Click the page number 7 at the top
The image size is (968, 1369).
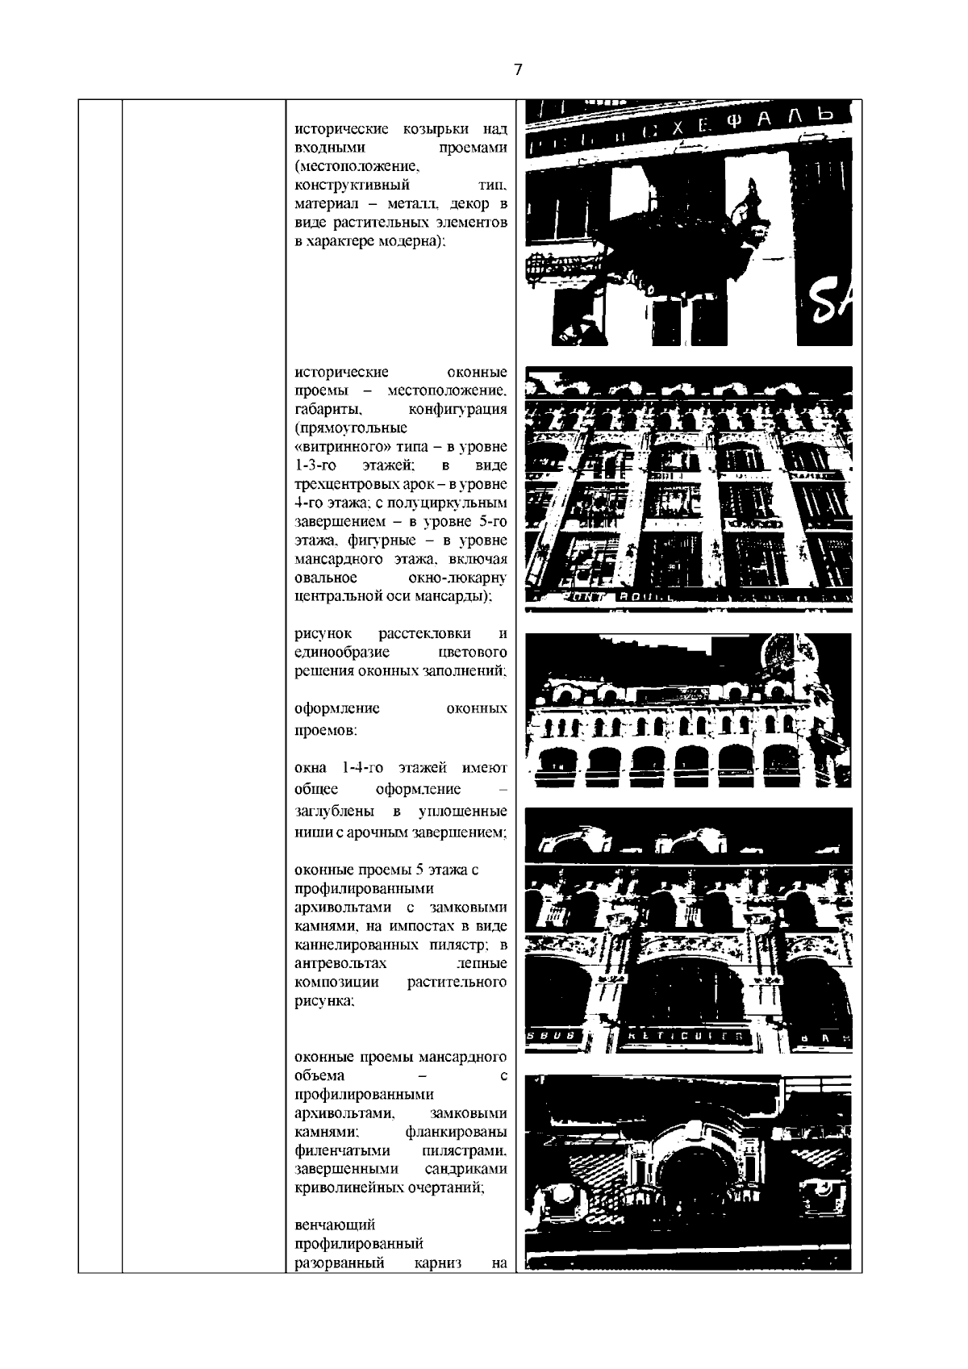[x=518, y=70]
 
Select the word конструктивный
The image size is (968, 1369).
[x=353, y=186]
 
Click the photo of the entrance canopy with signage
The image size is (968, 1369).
[x=689, y=223]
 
